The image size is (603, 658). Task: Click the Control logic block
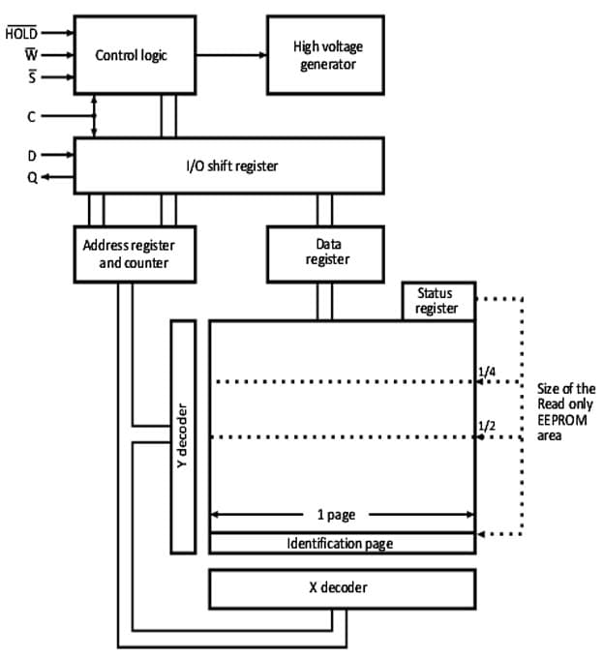pyautogui.click(x=131, y=54)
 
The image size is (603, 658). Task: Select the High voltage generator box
pyautogui.click(x=324, y=54)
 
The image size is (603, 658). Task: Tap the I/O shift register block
pyautogui.click(x=228, y=165)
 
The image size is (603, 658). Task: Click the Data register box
pyautogui.click(x=327, y=253)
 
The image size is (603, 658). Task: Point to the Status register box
pyautogui.click(x=438, y=301)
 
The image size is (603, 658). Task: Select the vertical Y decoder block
pyautogui.click(x=183, y=435)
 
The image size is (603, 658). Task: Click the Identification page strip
pyautogui.click(x=342, y=543)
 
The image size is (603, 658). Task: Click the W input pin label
pyautogui.click(x=29, y=55)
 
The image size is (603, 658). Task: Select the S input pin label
pyautogui.click(x=30, y=78)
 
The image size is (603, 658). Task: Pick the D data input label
pyautogui.click(x=30, y=153)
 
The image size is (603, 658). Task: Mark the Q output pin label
pyautogui.click(x=30, y=176)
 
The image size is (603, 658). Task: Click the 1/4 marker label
pyautogui.click(x=487, y=371)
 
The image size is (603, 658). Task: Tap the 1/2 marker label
pyautogui.click(x=487, y=426)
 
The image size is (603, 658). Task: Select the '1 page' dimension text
pyautogui.click(x=342, y=515)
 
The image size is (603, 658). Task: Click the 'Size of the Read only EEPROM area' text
pyautogui.click(x=565, y=412)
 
